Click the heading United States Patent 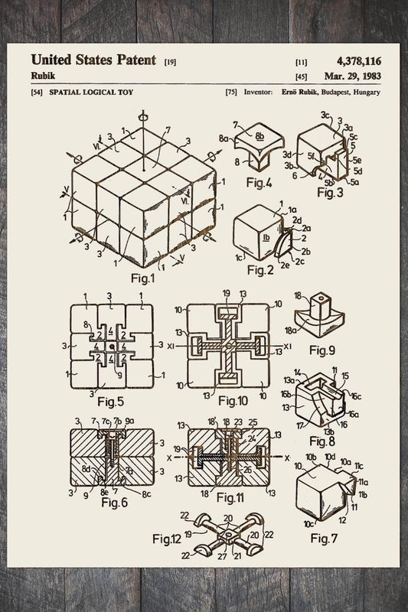pos(93,60)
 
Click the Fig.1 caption pos(142,278)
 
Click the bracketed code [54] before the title pos(36,93)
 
